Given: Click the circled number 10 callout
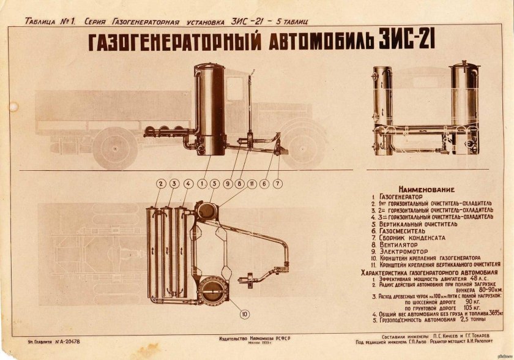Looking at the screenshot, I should [x=245, y=315].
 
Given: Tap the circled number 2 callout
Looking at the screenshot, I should [x=161, y=183].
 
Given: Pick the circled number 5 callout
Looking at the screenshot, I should [x=215, y=183].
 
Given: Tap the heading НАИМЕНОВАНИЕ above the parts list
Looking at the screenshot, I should [x=429, y=190].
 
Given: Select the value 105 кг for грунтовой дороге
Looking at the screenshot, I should [x=472, y=307].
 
